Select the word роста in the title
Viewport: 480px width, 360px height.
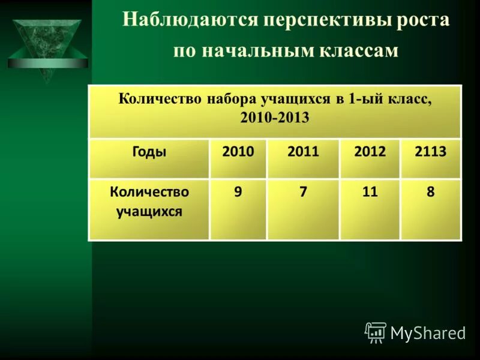[423, 20]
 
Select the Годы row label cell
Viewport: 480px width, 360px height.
[149, 152]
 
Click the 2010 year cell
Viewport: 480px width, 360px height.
[238, 152]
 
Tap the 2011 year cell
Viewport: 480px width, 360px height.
[303, 152]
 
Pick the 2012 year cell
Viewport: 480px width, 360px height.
[370, 152]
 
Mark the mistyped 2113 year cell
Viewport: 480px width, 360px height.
[430, 152]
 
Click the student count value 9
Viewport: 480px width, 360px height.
[238, 193]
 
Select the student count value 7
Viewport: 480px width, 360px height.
[303, 193]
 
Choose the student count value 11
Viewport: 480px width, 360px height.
[370, 193]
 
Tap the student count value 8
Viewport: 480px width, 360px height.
[430, 193]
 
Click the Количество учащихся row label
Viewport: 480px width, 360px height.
[149, 202]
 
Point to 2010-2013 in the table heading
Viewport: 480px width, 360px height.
[275, 118]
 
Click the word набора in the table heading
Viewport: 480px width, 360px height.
[230, 99]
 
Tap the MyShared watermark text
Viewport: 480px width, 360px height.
[428, 333]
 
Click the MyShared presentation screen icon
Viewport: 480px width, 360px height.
[376, 332]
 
